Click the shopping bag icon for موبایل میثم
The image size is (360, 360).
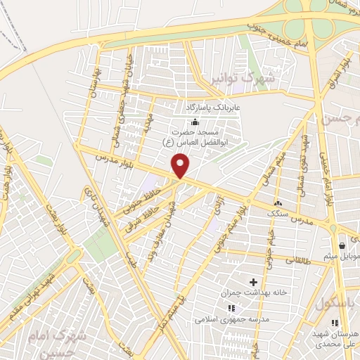pos(342,246)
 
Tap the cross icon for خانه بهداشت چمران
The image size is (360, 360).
pos(253,282)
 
